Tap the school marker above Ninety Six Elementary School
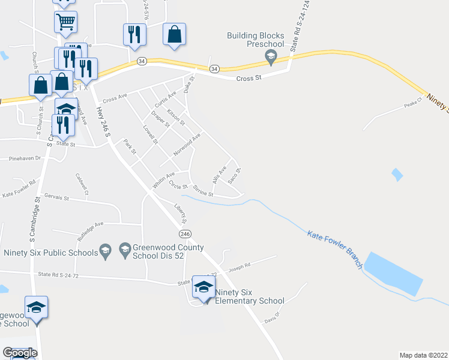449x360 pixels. tap(203, 287)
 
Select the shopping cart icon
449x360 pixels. tap(65, 22)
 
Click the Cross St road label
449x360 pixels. tap(250, 78)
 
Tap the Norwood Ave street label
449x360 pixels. tap(187, 144)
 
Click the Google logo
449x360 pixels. tap(20, 353)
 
